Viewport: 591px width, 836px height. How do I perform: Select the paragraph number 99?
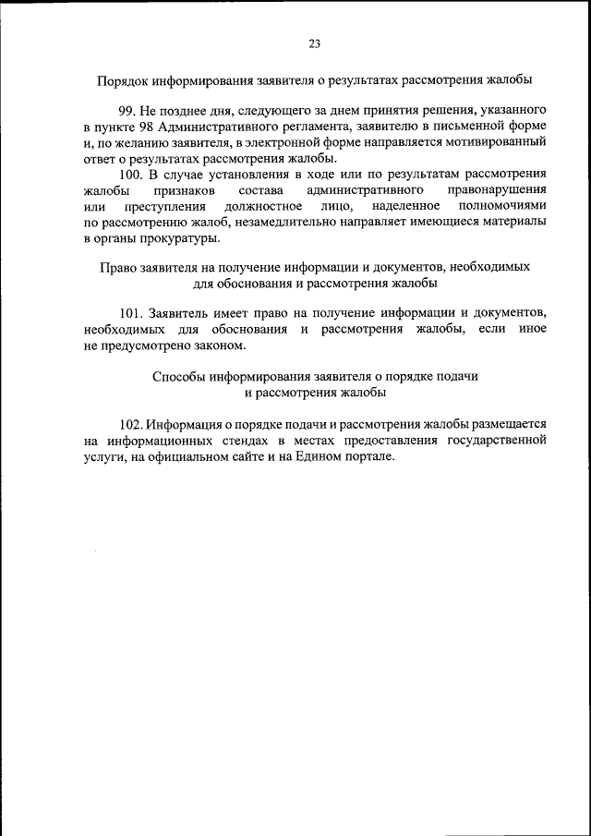tap(127, 110)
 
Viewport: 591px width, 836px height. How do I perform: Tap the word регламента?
tap(309, 126)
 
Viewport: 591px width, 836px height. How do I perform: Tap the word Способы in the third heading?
tap(174, 376)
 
